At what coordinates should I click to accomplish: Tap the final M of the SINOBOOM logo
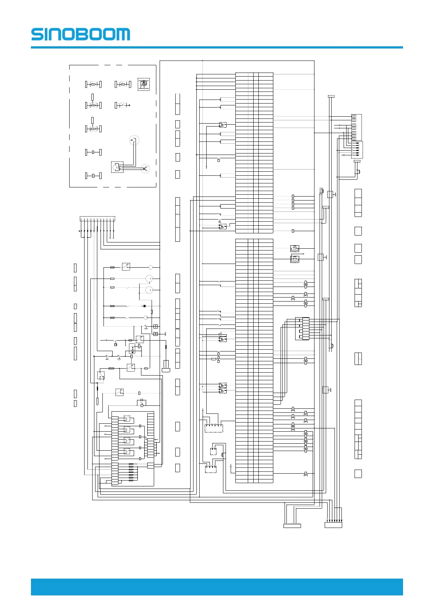coord(123,34)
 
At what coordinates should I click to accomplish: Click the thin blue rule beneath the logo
coord(217,47)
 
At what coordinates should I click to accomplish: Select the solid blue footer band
coord(217,587)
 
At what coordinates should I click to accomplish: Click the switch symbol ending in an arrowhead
coord(123,105)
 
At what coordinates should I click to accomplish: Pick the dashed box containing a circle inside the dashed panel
coord(117,167)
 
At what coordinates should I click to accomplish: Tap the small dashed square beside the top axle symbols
coord(144,84)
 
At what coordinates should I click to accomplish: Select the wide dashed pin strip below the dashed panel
coord(97,219)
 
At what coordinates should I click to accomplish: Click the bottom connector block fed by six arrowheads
coord(333,525)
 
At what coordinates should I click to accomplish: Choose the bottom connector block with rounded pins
coord(292,525)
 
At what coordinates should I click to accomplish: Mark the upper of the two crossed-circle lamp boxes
coord(295,249)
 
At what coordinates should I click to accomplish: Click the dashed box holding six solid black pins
coord(357,150)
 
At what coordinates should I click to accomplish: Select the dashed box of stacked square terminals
coord(356,127)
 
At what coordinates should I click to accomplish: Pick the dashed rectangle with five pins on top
coord(214,428)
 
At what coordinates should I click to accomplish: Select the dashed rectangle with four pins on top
coord(211,469)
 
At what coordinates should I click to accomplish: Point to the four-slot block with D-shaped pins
coord(302,329)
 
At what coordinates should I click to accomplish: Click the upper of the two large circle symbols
coord(149,279)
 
